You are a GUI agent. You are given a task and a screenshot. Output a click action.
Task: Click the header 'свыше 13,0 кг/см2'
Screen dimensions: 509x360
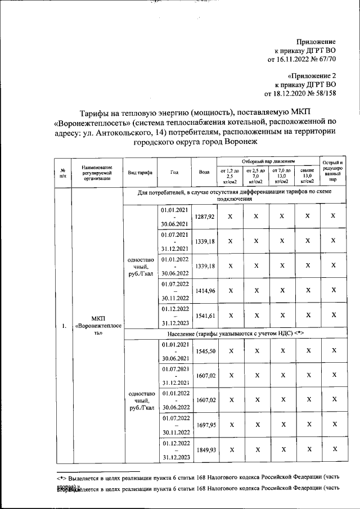(307, 176)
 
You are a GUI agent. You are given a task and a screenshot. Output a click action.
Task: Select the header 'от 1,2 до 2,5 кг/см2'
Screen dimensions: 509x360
(229, 176)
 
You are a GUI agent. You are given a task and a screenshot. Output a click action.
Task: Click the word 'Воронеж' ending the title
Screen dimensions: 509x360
(242, 142)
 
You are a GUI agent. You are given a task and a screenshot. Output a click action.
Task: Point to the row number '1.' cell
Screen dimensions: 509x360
(64, 326)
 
